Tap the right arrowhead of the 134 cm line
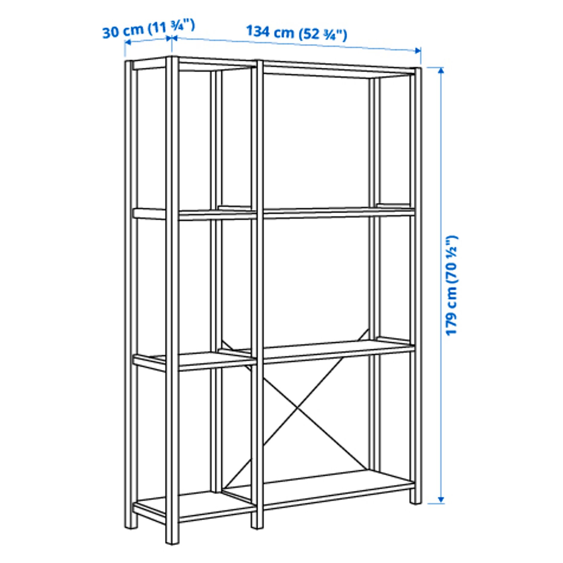point(418,51)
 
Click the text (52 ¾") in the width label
point(323,35)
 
